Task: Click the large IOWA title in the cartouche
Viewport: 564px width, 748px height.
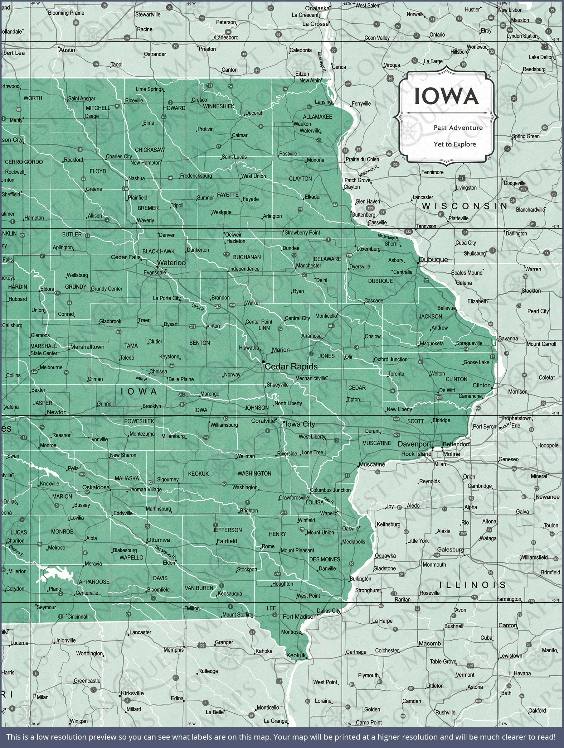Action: tap(446, 96)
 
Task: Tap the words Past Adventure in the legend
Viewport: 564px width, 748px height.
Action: tap(458, 127)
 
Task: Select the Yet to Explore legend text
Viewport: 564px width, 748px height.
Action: tap(455, 144)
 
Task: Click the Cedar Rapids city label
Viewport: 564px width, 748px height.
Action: tap(291, 367)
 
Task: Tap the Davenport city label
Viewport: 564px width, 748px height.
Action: tap(414, 444)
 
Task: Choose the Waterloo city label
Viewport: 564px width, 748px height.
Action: tap(171, 263)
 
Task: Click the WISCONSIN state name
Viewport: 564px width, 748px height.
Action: tap(464, 206)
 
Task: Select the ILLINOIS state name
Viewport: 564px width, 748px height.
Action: tap(473, 585)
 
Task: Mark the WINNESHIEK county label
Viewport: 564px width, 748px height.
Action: tap(219, 106)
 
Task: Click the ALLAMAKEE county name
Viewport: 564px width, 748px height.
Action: tap(317, 117)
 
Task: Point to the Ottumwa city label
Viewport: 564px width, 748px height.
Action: tap(158, 540)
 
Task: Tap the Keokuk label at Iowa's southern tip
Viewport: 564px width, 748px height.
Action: tap(296, 655)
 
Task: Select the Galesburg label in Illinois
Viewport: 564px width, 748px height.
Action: tap(450, 549)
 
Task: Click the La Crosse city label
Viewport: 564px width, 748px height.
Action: tap(315, 24)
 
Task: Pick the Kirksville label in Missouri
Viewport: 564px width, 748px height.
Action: tap(132, 693)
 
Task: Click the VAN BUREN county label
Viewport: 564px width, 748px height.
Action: tap(199, 588)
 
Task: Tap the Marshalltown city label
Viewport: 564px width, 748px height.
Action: tap(87, 347)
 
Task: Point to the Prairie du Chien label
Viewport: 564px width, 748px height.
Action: tap(362, 159)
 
